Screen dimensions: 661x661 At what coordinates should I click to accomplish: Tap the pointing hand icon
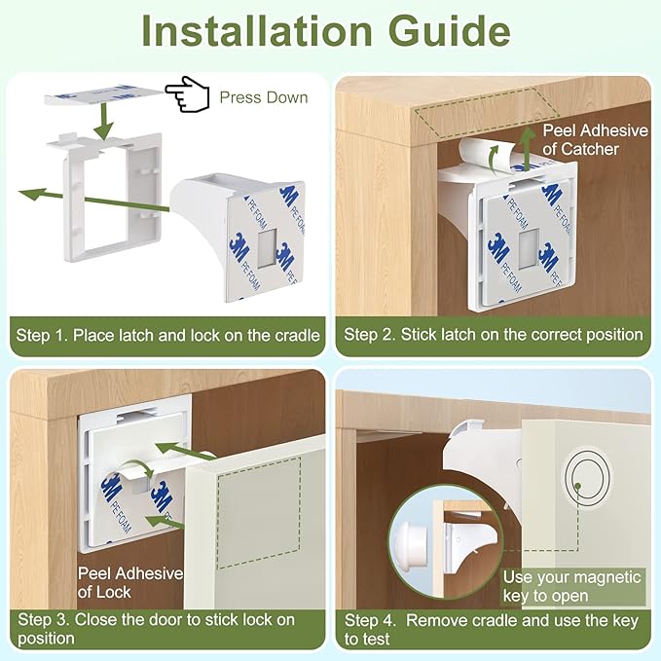(187, 95)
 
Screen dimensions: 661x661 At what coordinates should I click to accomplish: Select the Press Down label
(263, 97)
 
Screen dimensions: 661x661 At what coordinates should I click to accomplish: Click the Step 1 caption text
(167, 335)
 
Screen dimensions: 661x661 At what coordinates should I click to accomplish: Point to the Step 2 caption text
(494, 334)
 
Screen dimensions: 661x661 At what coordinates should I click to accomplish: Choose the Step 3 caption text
(156, 628)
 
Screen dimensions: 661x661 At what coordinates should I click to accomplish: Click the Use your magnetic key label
(571, 586)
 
